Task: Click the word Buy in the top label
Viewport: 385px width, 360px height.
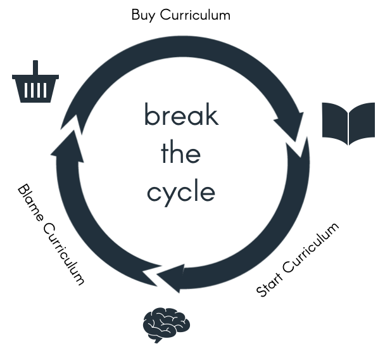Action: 143,15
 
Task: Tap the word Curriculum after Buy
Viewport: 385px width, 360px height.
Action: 195,15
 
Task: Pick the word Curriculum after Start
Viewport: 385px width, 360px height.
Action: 311,248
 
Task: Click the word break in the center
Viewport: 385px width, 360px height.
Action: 182,115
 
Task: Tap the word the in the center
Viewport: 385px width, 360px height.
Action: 180,152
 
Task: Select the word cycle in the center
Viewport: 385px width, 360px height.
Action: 181,193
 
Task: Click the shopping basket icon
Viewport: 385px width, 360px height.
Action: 35,82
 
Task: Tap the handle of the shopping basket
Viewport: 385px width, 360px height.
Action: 35,68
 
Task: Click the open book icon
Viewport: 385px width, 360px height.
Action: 348,124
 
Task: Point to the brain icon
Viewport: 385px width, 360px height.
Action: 167,325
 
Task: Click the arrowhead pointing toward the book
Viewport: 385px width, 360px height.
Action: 291,126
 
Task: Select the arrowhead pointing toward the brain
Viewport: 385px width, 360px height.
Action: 171,278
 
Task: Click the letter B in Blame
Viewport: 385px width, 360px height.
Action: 23,190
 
